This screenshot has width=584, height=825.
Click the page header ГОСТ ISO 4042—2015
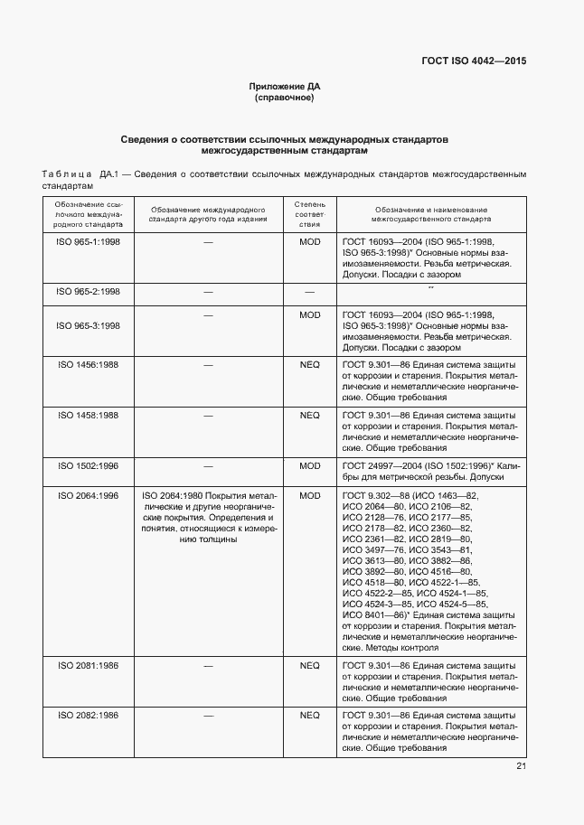coord(474,61)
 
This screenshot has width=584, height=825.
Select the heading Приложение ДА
coord(285,87)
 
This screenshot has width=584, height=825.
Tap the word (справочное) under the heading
coord(285,98)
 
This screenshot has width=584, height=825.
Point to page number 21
coord(521,766)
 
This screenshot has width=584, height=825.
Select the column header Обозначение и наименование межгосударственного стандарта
coord(430,213)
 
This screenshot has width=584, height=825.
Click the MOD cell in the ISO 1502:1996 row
coord(309,466)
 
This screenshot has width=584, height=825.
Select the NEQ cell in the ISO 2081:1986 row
coord(309,664)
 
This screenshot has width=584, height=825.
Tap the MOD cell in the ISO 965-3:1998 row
coord(309,315)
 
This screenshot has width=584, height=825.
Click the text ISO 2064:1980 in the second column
coord(171,496)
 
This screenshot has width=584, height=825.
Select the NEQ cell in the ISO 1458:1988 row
coord(309,416)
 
